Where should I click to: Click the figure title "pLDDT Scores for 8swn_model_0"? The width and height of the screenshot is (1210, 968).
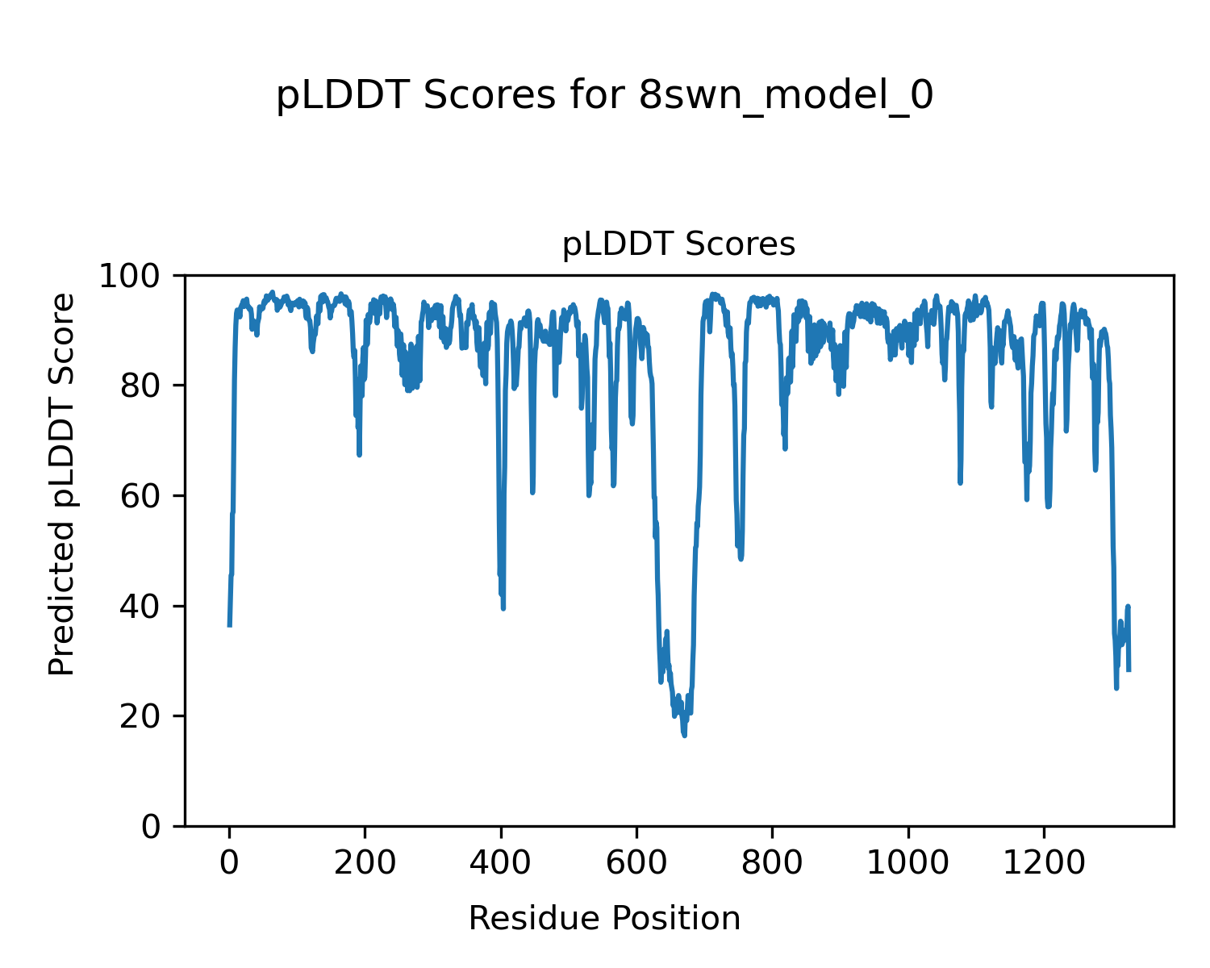(x=604, y=96)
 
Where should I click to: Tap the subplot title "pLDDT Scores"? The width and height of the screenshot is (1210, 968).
(x=678, y=244)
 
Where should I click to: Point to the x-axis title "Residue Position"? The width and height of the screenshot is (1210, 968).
(x=604, y=918)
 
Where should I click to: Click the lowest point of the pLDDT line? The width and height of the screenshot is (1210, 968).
(x=684, y=735)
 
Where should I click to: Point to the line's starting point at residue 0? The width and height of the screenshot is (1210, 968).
(x=230, y=625)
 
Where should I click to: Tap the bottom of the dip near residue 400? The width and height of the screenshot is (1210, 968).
(x=503, y=608)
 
